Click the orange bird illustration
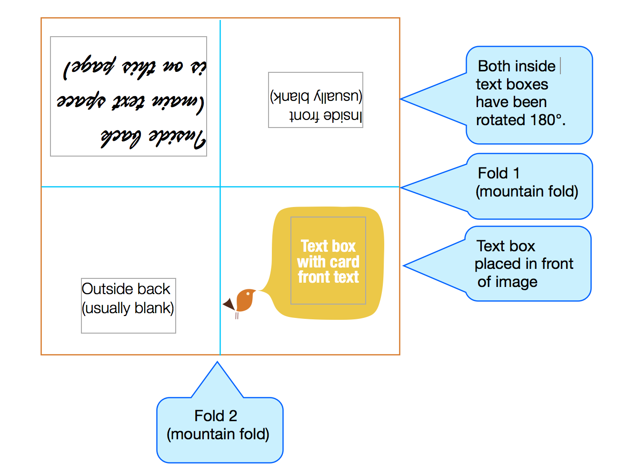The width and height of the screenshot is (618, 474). [245, 300]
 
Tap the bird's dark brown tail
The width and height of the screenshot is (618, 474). [229, 304]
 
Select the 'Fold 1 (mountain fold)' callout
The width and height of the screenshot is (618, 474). [528, 186]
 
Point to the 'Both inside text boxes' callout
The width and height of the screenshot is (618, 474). [528, 95]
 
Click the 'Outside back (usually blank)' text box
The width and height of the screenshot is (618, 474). [128, 305]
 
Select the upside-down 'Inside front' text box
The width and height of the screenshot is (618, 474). [316, 100]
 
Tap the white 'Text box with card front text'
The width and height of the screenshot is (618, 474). [328, 261]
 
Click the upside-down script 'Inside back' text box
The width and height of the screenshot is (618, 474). [129, 96]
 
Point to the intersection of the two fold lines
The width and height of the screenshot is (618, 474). [220, 187]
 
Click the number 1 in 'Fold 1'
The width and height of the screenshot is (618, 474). [516, 173]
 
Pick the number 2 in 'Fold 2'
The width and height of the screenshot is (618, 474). [233, 416]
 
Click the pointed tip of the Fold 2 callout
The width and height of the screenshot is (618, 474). [218, 363]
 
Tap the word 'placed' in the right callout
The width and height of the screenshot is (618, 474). [497, 264]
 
